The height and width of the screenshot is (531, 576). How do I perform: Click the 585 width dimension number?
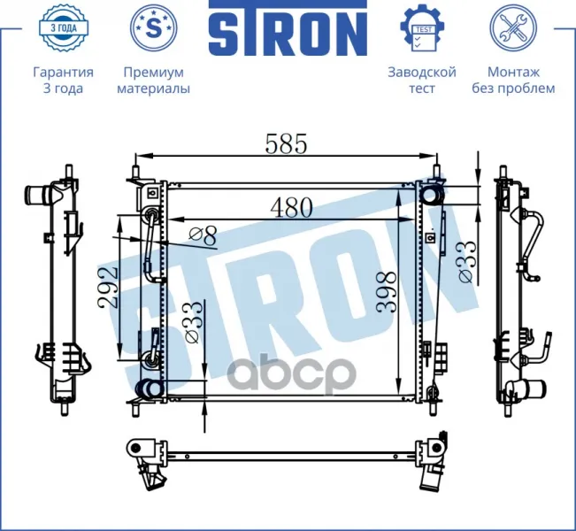click(286, 143)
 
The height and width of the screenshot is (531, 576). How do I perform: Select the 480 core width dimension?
click(291, 208)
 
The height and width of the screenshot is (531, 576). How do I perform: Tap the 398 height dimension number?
click(387, 292)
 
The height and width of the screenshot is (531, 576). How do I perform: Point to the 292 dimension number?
click(108, 288)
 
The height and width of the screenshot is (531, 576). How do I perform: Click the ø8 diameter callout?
click(203, 236)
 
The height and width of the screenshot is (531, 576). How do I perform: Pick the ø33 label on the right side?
click(467, 262)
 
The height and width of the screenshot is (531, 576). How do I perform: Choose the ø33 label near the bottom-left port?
click(193, 322)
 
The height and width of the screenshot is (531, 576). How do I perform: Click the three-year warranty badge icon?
click(63, 27)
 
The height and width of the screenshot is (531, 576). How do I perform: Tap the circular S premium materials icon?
click(154, 27)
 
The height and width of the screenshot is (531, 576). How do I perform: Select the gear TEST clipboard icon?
click(422, 27)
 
